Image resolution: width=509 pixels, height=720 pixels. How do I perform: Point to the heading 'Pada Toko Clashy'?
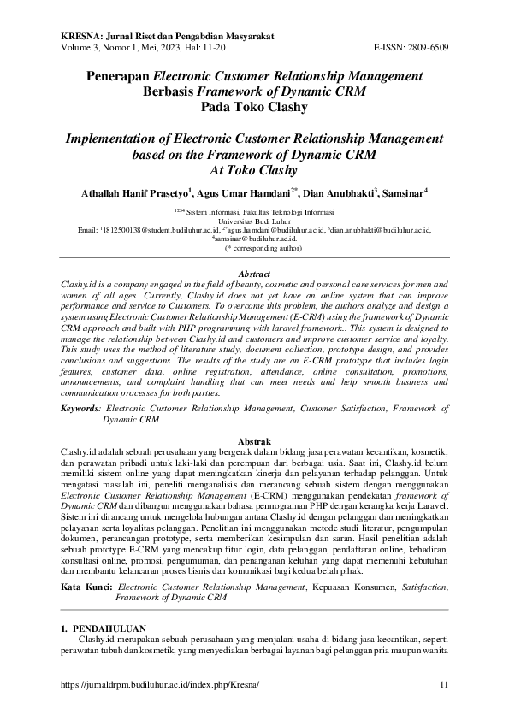click(x=254, y=107)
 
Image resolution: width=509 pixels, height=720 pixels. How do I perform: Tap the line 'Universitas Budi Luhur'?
click(x=254, y=219)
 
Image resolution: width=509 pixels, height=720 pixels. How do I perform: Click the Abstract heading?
click(x=254, y=274)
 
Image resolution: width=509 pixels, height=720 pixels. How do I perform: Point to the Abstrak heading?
click(x=254, y=439)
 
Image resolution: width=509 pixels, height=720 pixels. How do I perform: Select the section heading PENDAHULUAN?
click(x=108, y=627)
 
